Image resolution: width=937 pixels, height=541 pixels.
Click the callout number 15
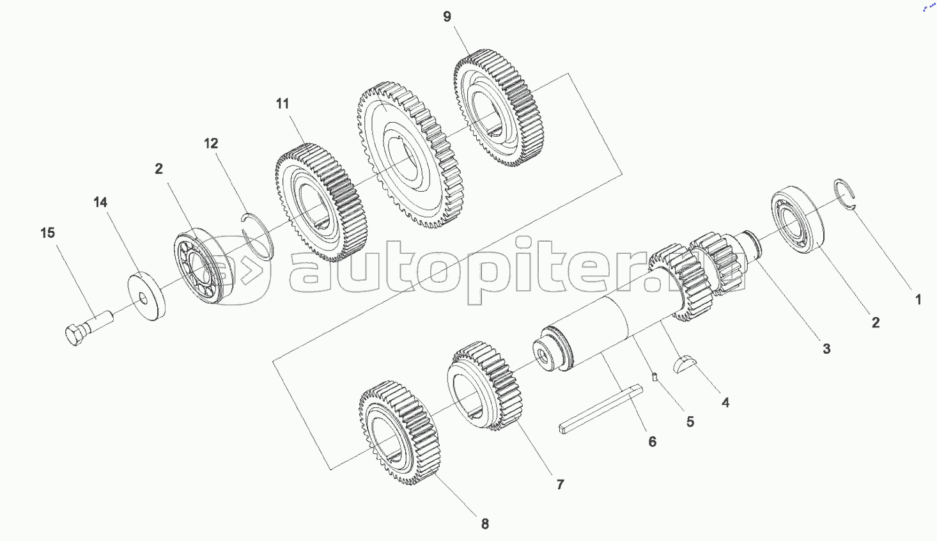pos(48,233)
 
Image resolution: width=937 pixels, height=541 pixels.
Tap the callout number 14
pos(100,202)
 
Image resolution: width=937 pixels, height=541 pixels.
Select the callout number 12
pos(211,143)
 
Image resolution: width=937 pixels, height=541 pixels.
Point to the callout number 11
pos(283,104)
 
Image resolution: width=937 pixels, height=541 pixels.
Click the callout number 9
pos(447,17)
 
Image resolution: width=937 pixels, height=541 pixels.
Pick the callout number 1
pos(918,299)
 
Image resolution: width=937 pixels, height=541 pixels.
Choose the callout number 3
pos(826,349)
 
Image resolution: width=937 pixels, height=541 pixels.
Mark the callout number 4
pos(725,402)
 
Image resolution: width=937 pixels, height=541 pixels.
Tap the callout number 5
pos(690,421)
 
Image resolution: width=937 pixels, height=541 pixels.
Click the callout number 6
pos(652,441)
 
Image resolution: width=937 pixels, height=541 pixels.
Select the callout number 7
pos(560,484)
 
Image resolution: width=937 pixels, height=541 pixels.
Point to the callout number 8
pos(485,524)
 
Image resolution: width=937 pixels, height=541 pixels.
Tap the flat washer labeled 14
pos(147,297)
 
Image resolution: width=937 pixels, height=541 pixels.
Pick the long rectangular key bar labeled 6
pos(601,409)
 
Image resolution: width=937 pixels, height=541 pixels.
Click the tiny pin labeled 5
pos(655,377)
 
